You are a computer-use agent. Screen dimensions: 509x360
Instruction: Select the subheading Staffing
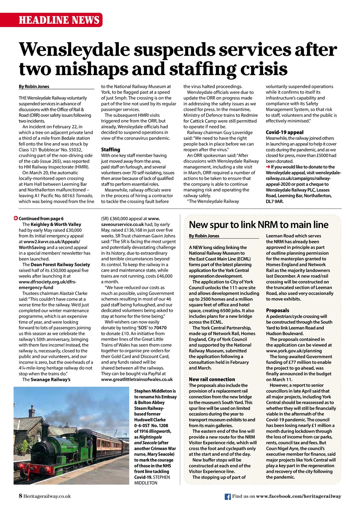[x=110, y=149]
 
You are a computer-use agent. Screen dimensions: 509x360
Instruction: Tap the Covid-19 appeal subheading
[x=284, y=132]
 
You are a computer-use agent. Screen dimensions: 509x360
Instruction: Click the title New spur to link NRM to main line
[x=259, y=225]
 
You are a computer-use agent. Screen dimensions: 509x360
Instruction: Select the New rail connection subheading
[x=212, y=379]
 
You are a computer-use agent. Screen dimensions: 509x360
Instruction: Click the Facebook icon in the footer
[x=228, y=496]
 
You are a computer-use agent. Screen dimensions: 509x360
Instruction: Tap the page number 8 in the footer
[x=20, y=496]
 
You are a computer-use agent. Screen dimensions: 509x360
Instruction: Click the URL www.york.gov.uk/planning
[x=294, y=351]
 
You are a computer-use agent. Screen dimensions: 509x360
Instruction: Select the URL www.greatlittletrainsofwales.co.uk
[x=137, y=379]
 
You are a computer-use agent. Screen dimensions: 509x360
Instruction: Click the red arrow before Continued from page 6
[x=16, y=218]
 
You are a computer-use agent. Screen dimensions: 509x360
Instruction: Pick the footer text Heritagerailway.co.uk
[x=47, y=496]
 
